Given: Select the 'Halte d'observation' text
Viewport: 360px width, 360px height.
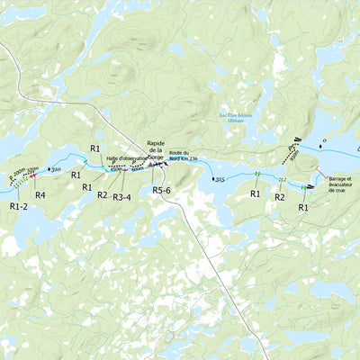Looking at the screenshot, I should pos(126,157).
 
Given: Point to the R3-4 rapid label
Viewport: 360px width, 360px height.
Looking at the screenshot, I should pos(129,195).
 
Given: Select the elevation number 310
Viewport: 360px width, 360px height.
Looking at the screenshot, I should pos(56,169).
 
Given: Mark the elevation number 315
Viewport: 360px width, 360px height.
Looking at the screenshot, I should pos(220,179).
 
